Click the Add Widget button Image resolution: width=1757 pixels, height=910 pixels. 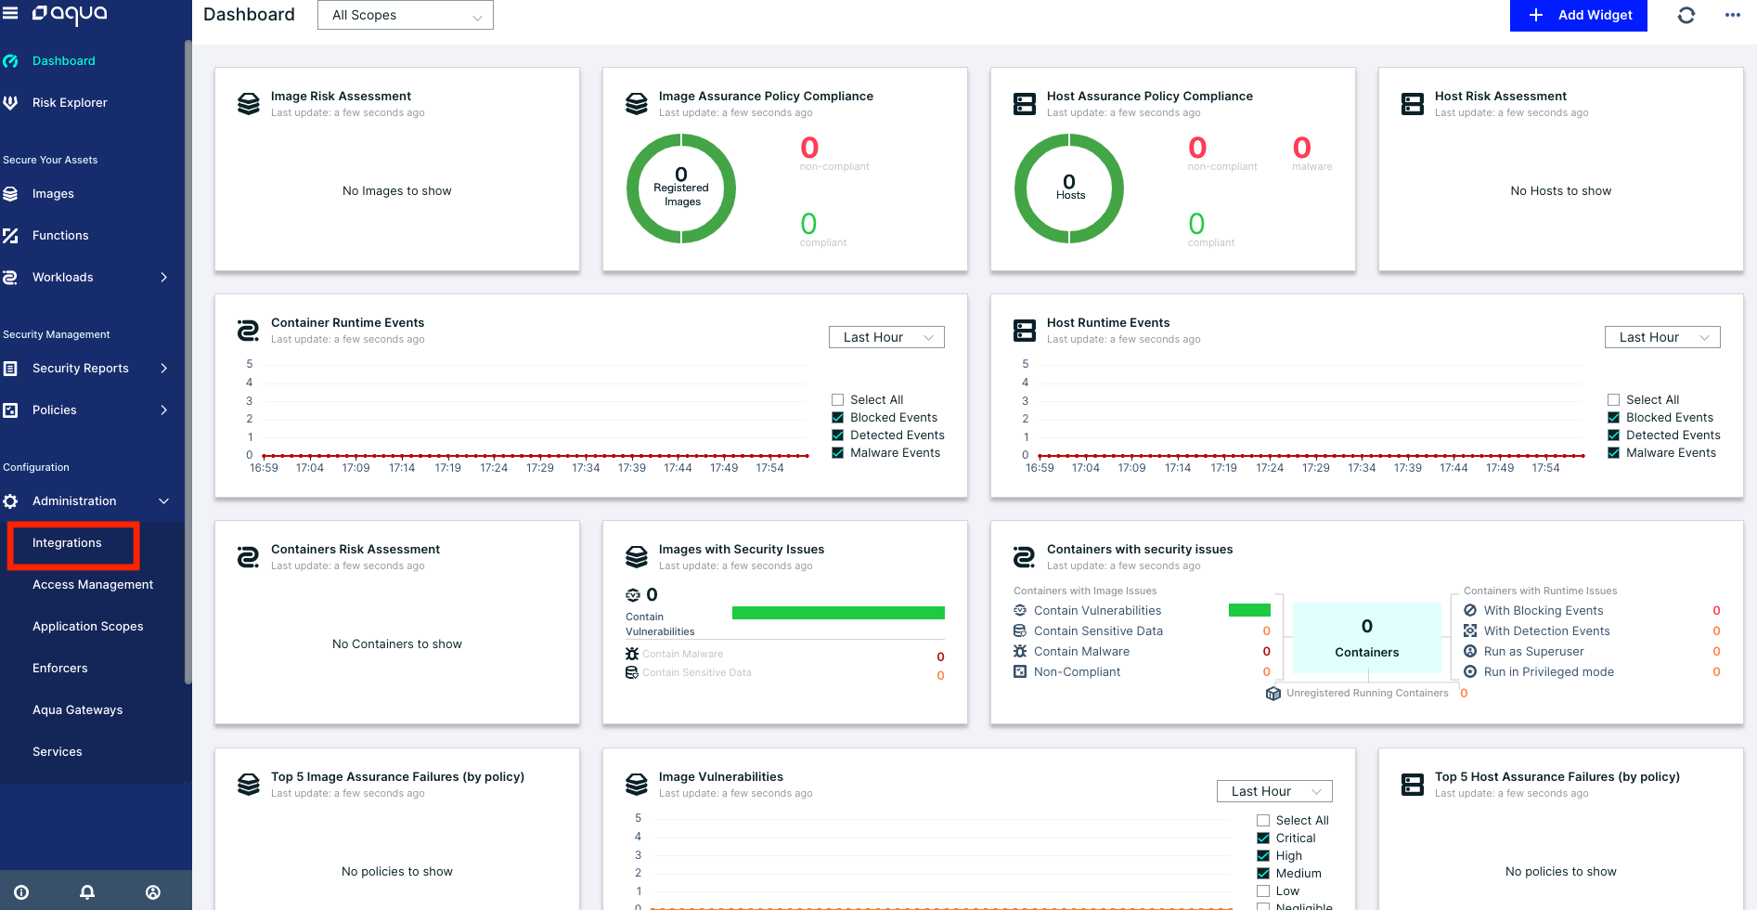(x=1578, y=15)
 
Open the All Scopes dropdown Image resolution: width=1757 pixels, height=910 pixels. (x=405, y=15)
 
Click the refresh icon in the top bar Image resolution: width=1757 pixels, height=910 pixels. (x=1686, y=15)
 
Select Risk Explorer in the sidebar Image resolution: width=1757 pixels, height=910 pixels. (x=70, y=103)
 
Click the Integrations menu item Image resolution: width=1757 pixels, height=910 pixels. (x=67, y=543)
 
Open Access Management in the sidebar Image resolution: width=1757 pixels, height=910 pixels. (x=93, y=585)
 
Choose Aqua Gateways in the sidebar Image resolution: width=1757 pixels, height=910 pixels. (x=77, y=710)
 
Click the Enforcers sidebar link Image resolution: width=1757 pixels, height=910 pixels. (x=59, y=669)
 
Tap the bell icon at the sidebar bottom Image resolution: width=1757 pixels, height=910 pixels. (x=87, y=892)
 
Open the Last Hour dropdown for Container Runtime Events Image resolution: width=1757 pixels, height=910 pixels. (x=885, y=337)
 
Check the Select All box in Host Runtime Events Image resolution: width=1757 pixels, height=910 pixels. (x=1613, y=400)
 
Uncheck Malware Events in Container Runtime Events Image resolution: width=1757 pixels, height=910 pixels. (x=837, y=453)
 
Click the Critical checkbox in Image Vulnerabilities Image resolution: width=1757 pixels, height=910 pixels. (x=1262, y=838)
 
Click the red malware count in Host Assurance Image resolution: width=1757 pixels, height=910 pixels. (x=1301, y=149)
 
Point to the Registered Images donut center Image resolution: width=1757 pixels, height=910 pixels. (x=681, y=188)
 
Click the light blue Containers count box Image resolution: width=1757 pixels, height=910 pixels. (x=1366, y=638)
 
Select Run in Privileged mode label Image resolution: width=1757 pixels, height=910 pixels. (x=1548, y=672)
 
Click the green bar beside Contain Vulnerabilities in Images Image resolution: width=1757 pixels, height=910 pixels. (x=837, y=613)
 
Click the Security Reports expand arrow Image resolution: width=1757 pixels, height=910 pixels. (x=164, y=369)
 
